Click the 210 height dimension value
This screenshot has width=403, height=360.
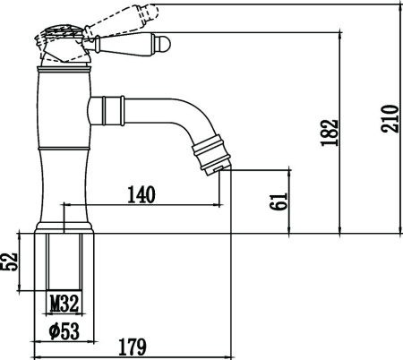(390, 118)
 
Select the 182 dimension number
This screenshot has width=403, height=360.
(330, 133)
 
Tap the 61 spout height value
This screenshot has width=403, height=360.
(279, 201)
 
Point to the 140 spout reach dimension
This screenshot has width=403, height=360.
(141, 194)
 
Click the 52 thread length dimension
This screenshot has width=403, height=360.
(9, 261)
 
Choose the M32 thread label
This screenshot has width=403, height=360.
(64, 303)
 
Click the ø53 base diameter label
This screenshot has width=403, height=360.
(64, 331)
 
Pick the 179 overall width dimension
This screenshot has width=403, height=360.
(133, 347)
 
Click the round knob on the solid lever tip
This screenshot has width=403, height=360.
(164, 45)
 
